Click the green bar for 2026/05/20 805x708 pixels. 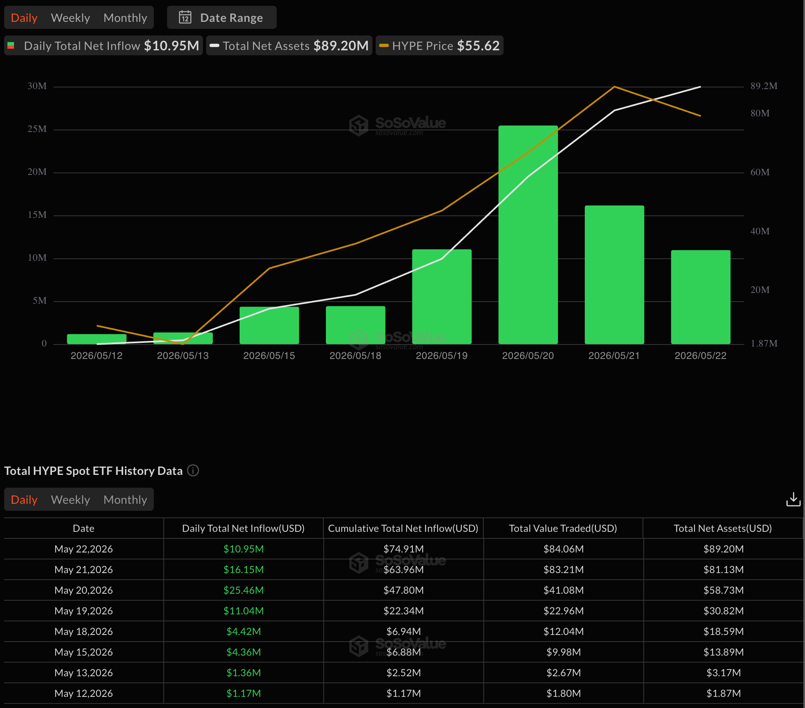528,235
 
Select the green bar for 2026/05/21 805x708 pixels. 614,275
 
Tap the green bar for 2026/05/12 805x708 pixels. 97,339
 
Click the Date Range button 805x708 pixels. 221,18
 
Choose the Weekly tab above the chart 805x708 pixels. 71,18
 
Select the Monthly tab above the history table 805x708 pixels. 125,500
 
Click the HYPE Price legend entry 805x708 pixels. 439,45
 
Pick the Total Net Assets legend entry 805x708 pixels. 289,45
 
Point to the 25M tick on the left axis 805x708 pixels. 37,129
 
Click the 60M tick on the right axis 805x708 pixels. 760,172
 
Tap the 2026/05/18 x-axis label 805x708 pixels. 355,356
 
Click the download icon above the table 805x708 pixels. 793,499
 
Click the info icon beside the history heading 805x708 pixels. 193,470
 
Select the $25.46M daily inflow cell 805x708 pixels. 243,590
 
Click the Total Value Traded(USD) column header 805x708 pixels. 563,528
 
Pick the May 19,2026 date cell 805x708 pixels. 84,611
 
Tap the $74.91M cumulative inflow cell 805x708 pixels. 403,549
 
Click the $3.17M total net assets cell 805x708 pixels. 723,673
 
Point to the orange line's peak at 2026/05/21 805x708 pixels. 614,87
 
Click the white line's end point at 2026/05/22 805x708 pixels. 700,87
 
